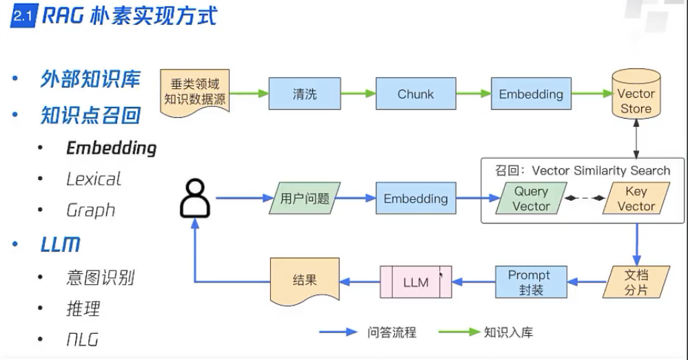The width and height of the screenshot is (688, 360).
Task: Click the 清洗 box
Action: click(x=304, y=94)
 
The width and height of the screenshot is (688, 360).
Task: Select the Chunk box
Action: click(x=415, y=94)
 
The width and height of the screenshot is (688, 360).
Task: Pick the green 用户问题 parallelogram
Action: click(x=304, y=199)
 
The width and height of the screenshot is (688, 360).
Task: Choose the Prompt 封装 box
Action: click(x=529, y=282)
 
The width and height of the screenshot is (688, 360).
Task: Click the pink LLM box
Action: click(x=416, y=282)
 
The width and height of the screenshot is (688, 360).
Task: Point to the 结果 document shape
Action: click(x=304, y=282)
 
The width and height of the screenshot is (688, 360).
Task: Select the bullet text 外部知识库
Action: click(x=90, y=79)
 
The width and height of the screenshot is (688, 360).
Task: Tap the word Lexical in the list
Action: click(x=93, y=179)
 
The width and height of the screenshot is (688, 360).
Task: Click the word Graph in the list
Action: click(x=90, y=210)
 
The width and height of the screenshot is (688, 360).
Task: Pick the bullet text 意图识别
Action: click(x=100, y=277)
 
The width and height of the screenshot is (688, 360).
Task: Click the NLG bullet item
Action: click(x=82, y=339)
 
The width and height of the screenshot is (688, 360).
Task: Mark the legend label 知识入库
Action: click(x=508, y=332)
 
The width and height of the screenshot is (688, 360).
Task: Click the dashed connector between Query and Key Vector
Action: click(x=583, y=199)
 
